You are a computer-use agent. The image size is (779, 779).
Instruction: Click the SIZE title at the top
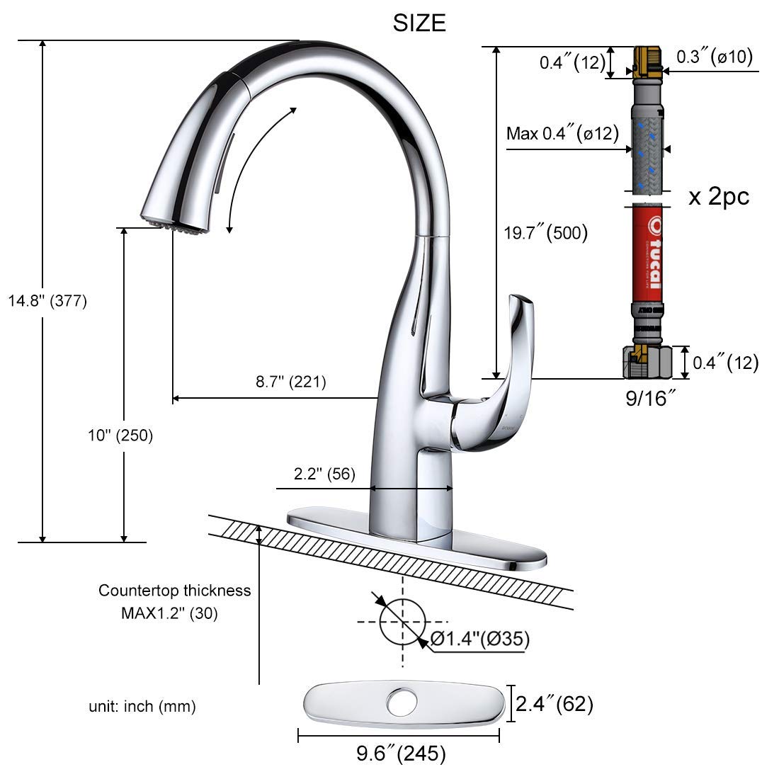[419, 23]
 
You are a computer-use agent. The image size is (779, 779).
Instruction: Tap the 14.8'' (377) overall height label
[47, 301]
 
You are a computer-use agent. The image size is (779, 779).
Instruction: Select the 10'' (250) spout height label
[120, 436]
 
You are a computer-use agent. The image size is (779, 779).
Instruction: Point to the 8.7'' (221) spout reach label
[290, 382]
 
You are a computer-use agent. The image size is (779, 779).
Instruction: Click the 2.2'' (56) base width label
[325, 473]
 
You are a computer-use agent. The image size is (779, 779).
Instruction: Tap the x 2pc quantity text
[718, 196]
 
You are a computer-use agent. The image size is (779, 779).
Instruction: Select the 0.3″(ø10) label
[714, 57]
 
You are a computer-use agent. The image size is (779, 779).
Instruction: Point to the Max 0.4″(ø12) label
[563, 133]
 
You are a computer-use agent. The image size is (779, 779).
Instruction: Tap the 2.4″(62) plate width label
[554, 704]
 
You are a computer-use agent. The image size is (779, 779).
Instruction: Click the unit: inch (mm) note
[142, 706]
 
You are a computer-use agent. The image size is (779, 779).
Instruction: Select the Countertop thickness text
[174, 591]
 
